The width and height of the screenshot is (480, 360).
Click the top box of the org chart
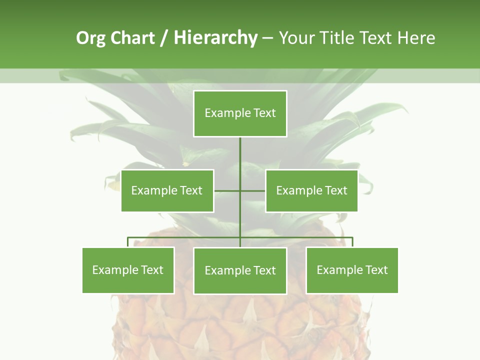tap(240, 113)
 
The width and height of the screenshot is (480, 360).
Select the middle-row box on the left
tap(167, 190)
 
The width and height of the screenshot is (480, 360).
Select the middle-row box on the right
tap(311, 190)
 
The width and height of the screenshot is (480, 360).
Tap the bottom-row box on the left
tap(128, 270)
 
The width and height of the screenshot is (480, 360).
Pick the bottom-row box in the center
tap(240, 270)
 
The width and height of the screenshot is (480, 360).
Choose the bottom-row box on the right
tap(352, 270)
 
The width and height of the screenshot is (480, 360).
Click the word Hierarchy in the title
tap(215, 38)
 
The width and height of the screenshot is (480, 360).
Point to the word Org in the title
tap(90, 38)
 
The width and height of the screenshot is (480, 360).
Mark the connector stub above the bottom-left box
tap(128, 242)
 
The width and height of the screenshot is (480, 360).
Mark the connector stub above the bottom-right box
tap(352, 242)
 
